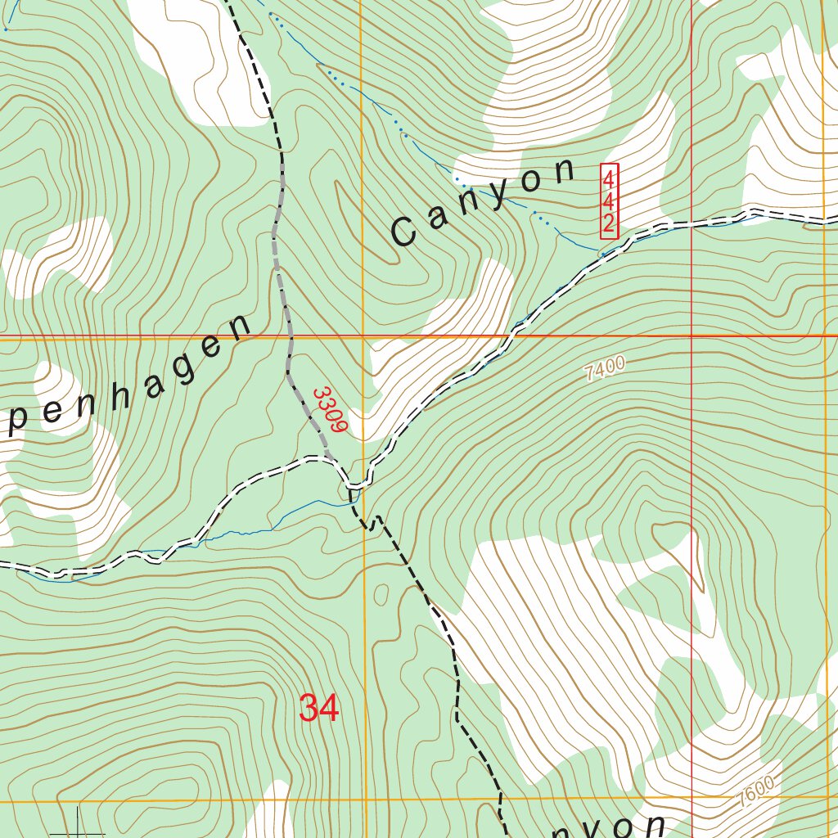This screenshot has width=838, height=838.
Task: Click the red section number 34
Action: coord(318,708)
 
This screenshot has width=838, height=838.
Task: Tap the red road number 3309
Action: coord(331,409)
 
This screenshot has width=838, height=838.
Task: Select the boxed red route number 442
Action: coord(609,200)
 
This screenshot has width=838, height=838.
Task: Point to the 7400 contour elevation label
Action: coord(605,369)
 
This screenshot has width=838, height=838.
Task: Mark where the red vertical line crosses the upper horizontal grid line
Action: coord(692,336)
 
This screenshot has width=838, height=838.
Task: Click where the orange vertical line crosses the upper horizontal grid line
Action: coord(363,336)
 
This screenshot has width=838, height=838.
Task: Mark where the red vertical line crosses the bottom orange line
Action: coord(692,800)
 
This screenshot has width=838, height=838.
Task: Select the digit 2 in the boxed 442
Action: coord(609,223)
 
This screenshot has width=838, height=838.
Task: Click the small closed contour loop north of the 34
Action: coord(381,593)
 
